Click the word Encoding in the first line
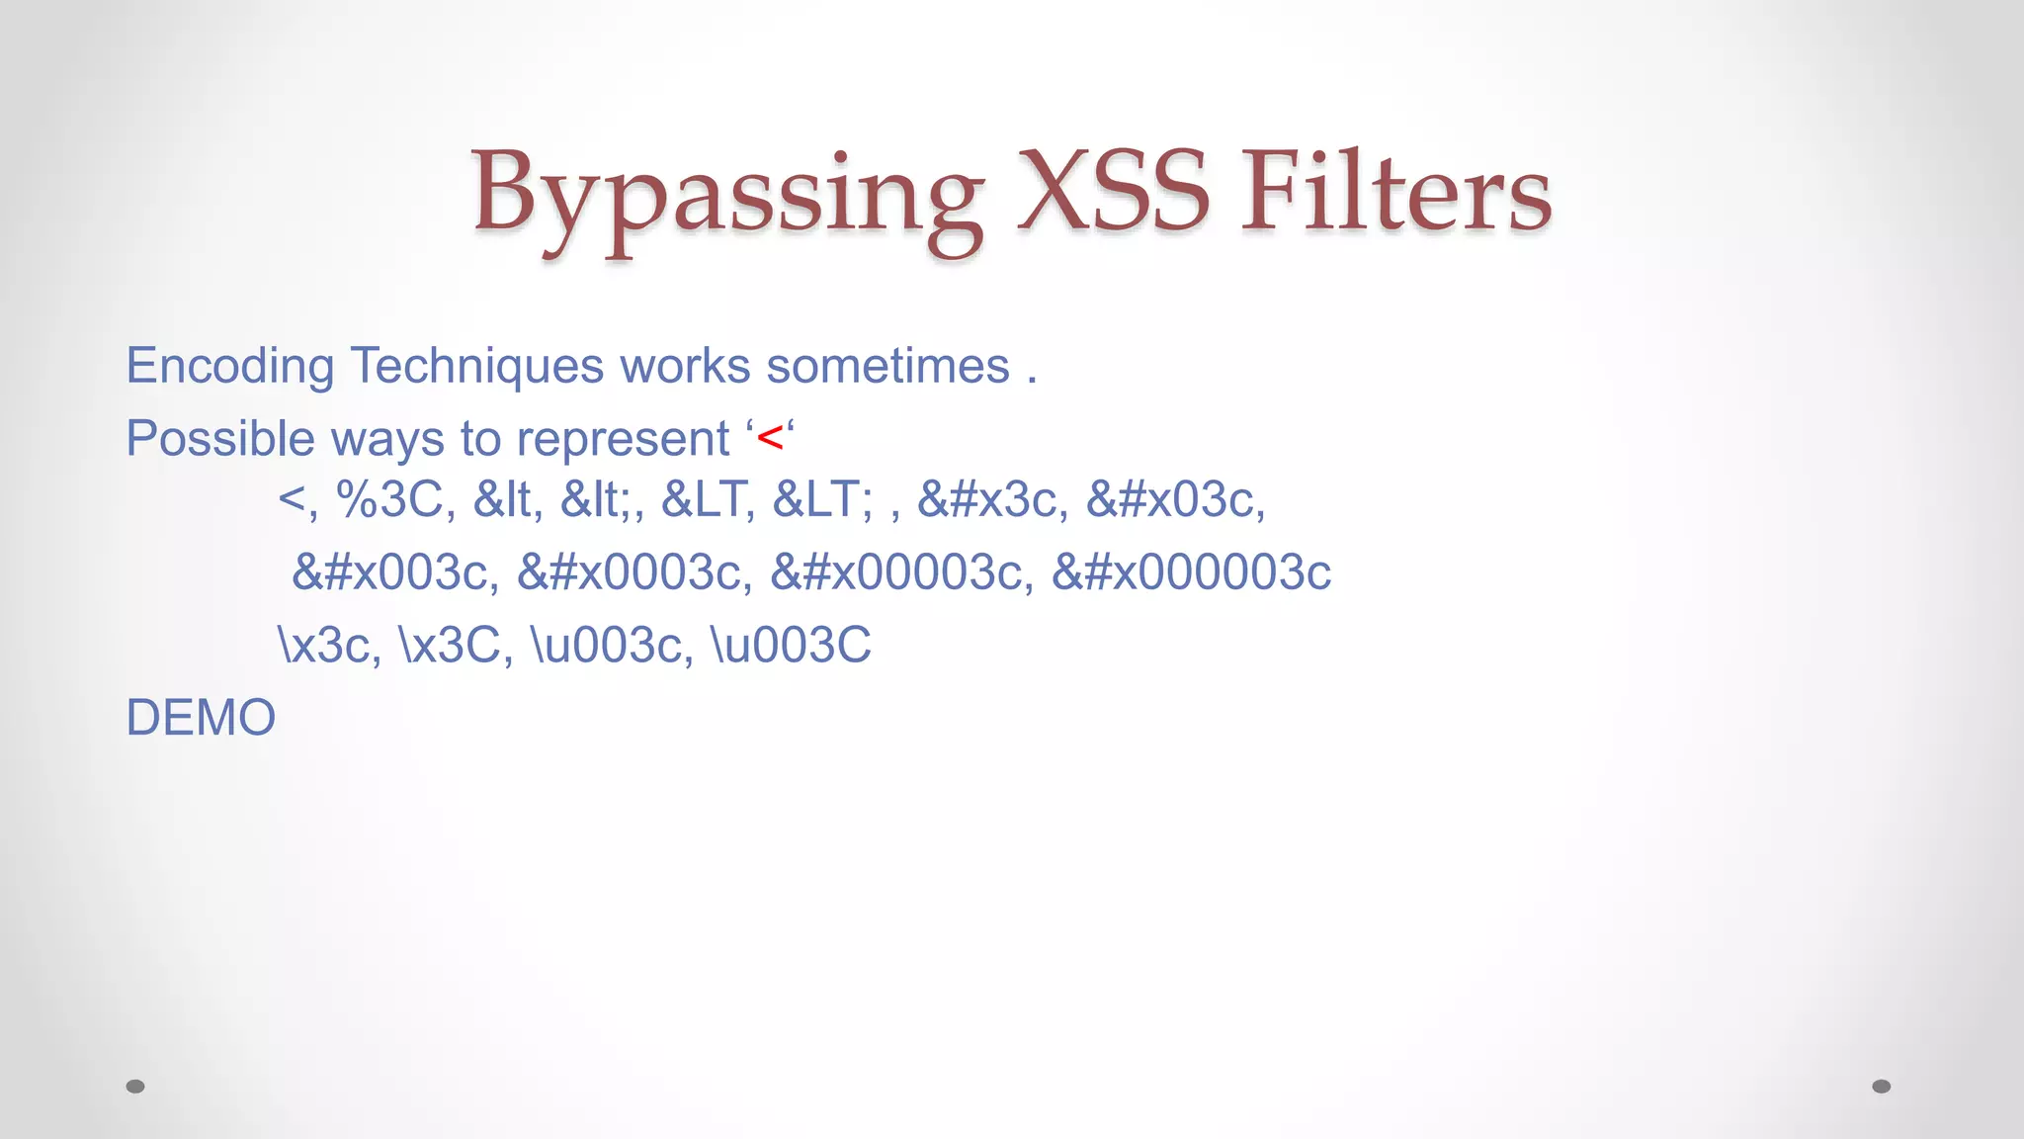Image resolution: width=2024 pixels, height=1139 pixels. coord(230,367)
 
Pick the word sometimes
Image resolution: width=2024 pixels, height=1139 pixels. coord(887,367)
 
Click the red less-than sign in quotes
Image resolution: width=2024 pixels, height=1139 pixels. coord(770,438)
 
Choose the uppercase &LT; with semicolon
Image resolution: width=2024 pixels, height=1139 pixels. coord(822,499)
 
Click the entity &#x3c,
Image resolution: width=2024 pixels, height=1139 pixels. coord(992,499)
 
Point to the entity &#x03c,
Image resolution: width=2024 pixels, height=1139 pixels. coord(1175,499)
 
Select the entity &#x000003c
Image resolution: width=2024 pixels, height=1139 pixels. coord(1191,572)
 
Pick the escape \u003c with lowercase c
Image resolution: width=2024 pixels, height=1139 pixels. coord(612,646)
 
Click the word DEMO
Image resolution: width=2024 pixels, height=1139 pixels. coord(201,718)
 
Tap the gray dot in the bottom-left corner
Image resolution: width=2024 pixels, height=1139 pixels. coord(135,1087)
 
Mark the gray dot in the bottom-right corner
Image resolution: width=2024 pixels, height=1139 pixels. coord(1882,1087)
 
